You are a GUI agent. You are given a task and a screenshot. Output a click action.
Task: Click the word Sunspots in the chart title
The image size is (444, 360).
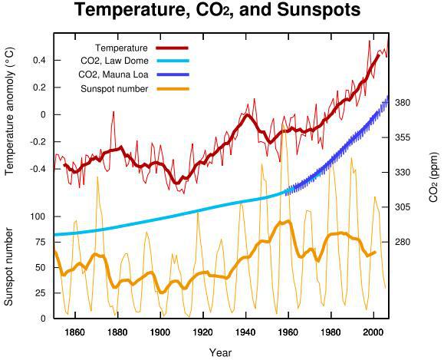tap(318, 10)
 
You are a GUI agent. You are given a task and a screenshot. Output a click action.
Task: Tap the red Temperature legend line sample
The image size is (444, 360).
tap(172, 48)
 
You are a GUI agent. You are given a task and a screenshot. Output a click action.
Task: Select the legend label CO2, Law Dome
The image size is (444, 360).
tap(114, 61)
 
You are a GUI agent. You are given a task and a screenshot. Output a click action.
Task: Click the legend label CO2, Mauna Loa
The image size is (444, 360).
tap(113, 74)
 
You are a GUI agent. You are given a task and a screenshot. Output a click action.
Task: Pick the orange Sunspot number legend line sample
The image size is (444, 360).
tap(173, 89)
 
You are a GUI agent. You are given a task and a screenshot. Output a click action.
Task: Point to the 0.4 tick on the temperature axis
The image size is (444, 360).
tap(40, 61)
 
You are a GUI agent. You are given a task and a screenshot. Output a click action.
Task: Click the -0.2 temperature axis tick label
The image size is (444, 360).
tap(38, 142)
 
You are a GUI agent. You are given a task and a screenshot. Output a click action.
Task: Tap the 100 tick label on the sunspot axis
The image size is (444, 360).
tap(39, 216)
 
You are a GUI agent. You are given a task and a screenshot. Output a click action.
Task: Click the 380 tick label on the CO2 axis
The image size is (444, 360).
tap(403, 103)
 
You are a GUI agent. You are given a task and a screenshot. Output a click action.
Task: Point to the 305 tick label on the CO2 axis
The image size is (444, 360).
tap(403, 207)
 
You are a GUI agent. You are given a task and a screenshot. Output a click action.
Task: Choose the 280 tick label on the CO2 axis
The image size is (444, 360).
tap(403, 242)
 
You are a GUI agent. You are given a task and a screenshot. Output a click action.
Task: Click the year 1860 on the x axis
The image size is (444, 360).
tap(74, 332)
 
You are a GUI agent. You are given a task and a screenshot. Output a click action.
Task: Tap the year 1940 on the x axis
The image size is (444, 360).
tap(245, 332)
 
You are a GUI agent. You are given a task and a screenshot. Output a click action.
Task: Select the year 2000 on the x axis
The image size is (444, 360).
tap(373, 332)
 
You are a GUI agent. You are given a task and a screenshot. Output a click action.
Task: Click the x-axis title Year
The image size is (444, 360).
tap(220, 353)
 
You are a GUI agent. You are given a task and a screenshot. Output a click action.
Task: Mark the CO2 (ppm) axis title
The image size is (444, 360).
tap(433, 177)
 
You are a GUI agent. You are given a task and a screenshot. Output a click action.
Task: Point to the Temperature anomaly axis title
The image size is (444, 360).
tap(9, 111)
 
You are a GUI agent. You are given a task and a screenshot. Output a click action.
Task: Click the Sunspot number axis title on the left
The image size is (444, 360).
tap(8, 267)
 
